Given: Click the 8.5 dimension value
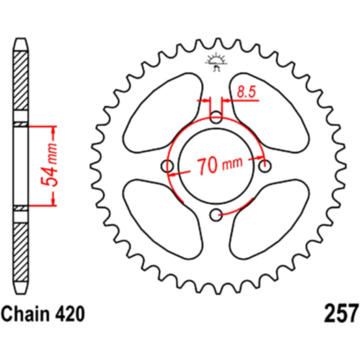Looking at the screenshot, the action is pos(246,92).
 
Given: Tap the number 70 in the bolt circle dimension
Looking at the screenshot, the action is pos(207,166).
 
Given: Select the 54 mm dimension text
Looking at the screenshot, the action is pos(49,165).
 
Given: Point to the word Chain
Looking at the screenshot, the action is pos(25,314).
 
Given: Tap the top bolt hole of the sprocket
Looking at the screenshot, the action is pos(216,117).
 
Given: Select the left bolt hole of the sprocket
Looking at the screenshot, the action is pos(167,166).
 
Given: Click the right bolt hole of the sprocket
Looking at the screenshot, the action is pos(265,166).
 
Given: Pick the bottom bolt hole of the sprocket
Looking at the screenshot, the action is pos(216,215).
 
